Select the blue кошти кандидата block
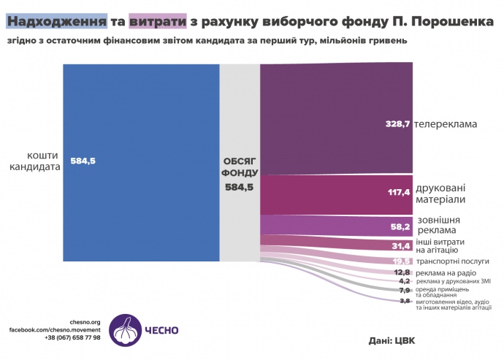(141, 161)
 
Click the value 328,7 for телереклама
(398, 124)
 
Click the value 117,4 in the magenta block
(398, 194)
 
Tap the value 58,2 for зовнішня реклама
(400, 227)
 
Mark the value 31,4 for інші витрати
(401, 246)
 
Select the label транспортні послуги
(454, 261)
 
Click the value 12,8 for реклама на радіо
(402, 272)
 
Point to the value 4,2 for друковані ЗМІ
(405, 281)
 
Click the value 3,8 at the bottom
(405, 301)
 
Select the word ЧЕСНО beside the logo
(164, 330)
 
